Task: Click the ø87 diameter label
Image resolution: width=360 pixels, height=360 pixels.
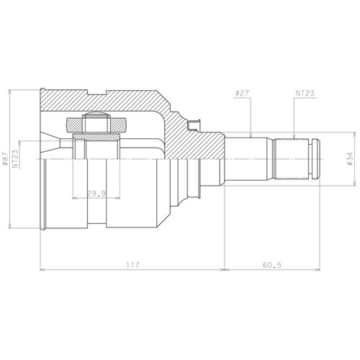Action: point(4,159)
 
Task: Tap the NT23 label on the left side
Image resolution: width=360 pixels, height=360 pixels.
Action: point(16,159)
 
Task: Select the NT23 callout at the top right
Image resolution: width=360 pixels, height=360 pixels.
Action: point(305,94)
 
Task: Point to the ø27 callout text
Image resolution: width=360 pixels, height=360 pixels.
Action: point(242,94)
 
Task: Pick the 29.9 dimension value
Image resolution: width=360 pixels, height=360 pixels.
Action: point(96,194)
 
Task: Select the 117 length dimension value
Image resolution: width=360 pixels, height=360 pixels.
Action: point(132,265)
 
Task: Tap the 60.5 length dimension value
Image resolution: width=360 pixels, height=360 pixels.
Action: point(272,265)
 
